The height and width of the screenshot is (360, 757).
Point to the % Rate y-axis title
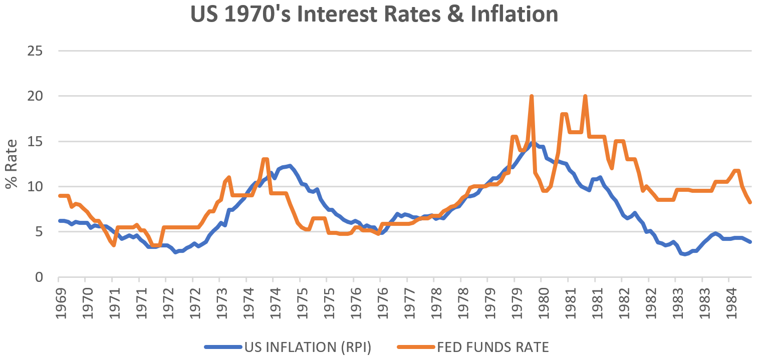click(x=12, y=164)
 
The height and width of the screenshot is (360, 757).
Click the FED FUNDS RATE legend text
click(x=494, y=347)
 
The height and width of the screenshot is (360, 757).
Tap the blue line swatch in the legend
click(x=223, y=347)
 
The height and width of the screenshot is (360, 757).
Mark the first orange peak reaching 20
click(x=531, y=97)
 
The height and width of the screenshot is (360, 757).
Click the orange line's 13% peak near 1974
click(x=265, y=159)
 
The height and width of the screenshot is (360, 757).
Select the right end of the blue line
click(x=750, y=242)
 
